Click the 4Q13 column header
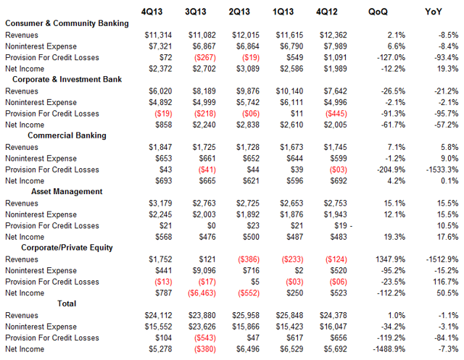tap(152, 12)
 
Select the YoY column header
tap(434, 12)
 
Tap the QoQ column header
tap(378, 12)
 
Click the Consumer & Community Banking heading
tap(67, 23)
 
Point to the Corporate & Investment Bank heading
tap(67, 79)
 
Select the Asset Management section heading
tap(67, 191)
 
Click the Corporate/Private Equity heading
tap(67, 248)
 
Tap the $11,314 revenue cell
tap(158, 35)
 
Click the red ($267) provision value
tap(204, 58)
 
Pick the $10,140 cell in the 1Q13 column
tap(289, 91)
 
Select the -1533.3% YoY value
tap(442, 169)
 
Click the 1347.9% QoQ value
tap(390, 259)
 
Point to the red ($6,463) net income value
tap(202, 293)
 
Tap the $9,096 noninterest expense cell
tap(204, 271)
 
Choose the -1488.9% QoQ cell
tap(389, 349)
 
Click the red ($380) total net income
tap(204, 349)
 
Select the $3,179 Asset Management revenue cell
tap(160, 204)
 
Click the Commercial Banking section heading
tap(67, 135)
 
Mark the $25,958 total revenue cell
tap(246, 316)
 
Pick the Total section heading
tap(67, 304)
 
